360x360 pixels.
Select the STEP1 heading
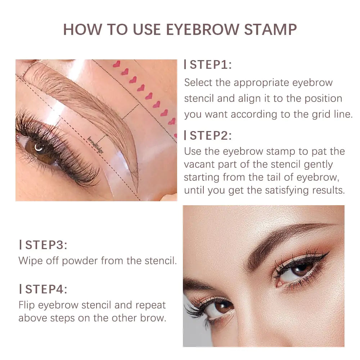(211, 65)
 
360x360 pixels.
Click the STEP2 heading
(211, 135)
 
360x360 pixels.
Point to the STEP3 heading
(46, 245)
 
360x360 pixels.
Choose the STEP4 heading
(46, 289)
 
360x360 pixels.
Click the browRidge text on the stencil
(96, 145)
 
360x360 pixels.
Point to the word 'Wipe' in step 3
(30, 261)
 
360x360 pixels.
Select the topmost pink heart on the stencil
(116, 64)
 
